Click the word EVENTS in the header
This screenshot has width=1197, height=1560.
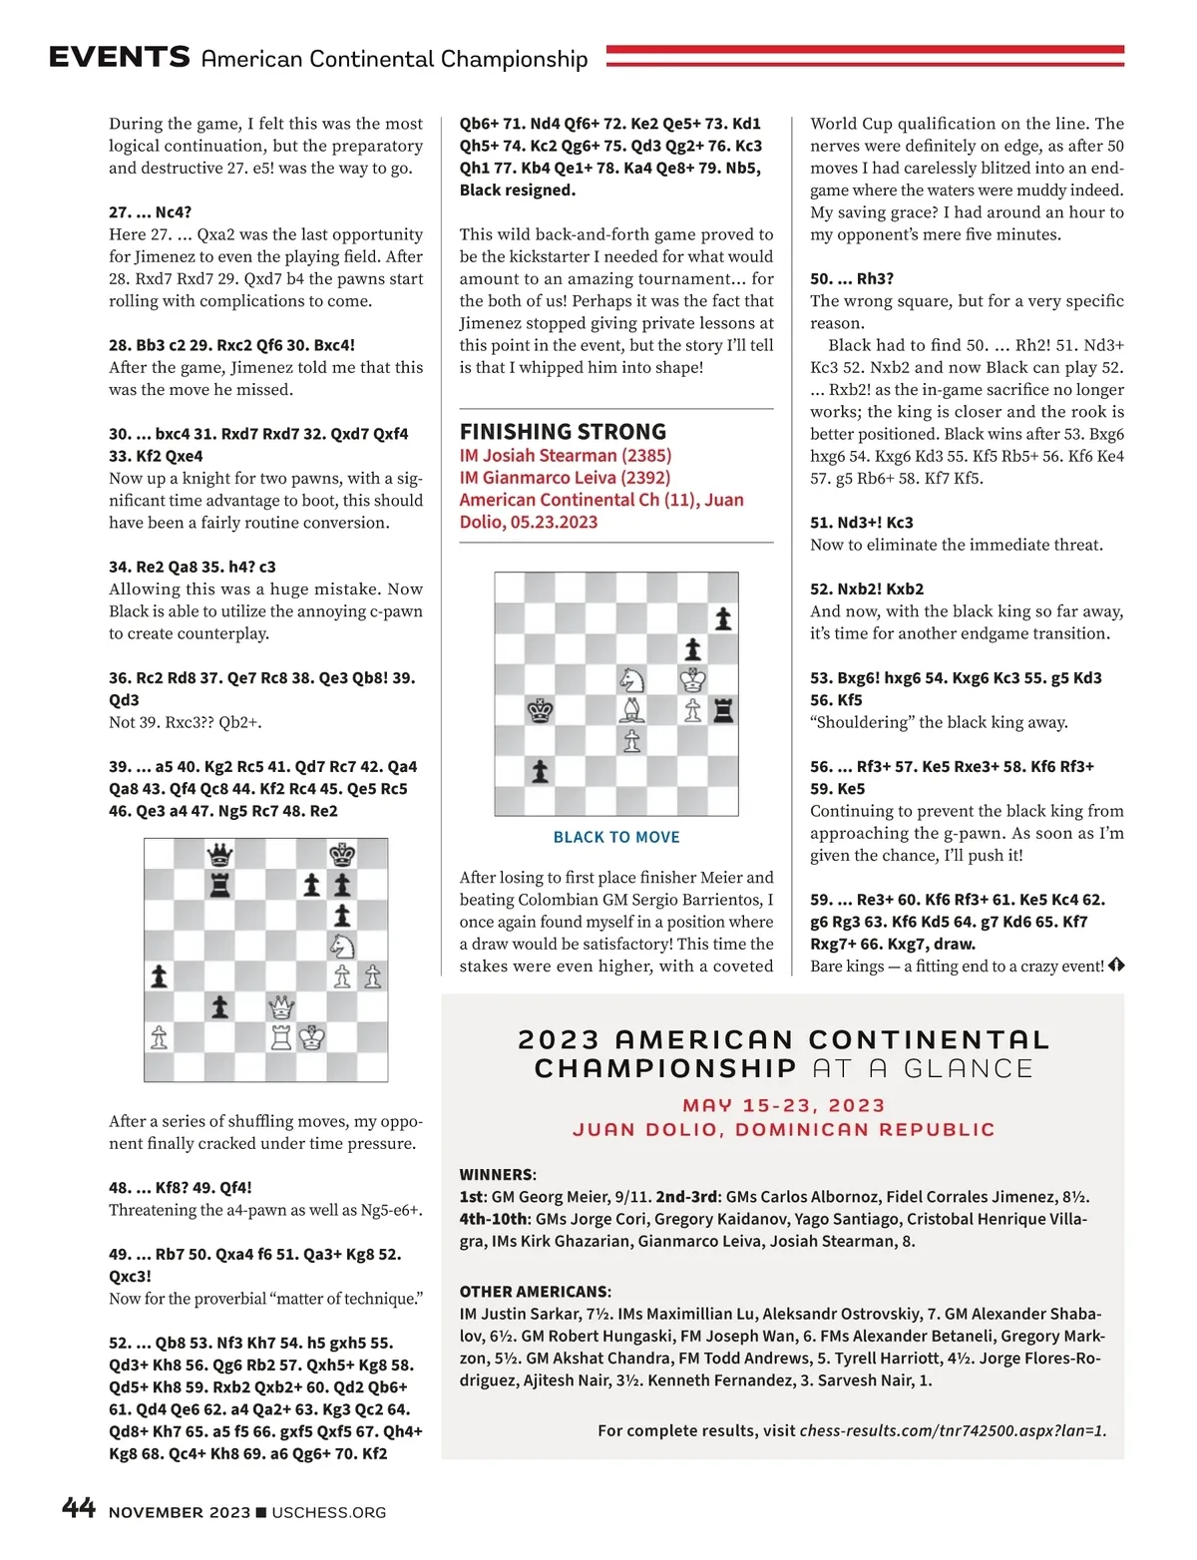(119, 57)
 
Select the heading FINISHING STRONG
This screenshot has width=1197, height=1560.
(563, 432)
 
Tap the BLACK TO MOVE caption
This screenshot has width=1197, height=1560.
(616, 837)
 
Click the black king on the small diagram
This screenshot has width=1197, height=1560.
(540, 710)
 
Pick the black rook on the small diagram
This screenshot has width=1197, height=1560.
(723, 710)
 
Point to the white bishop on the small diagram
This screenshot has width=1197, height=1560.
(631, 710)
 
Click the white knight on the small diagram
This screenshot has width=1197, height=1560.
(631, 679)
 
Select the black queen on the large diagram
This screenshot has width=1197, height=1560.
(219, 855)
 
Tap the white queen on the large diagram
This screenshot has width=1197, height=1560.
(282, 1005)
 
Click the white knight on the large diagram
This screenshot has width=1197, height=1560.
(342, 945)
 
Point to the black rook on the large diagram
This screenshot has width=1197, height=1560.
(219, 885)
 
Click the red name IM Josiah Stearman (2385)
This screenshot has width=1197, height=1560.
(565, 456)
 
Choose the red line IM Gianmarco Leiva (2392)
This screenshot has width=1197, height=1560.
(565, 478)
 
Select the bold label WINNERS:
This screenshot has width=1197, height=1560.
(498, 1174)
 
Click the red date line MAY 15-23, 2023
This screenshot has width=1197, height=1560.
(783, 1105)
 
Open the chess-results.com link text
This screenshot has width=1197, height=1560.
(953, 1430)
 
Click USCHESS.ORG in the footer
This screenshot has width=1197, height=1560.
(328, 1512)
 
